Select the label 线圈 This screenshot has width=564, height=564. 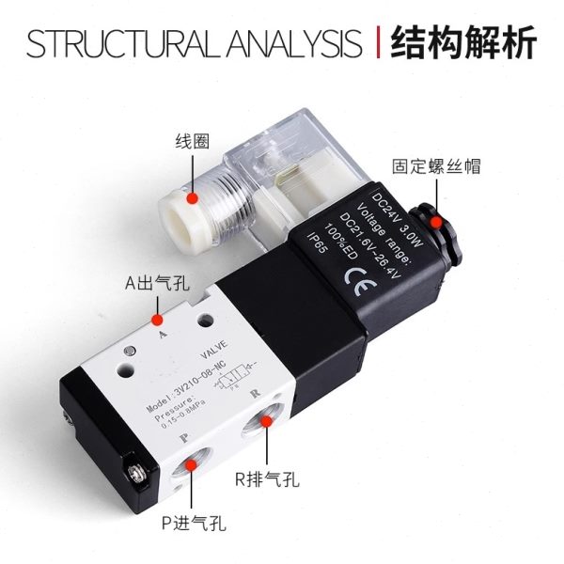coord(191,143)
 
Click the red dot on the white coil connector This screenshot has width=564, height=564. coord(193,197)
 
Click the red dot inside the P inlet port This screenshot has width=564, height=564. coord(195,462)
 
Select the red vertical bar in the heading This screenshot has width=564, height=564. coord(377,43)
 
